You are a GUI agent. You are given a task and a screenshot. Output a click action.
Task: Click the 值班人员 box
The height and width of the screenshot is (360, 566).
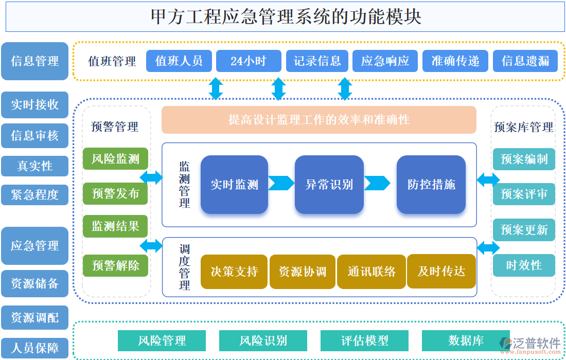click(x=179, y=61)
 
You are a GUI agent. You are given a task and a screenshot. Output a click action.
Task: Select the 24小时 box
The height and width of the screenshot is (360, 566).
click(x=249, y=61)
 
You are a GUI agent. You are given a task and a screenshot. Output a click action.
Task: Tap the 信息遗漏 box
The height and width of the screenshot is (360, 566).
click(x=525, y=61)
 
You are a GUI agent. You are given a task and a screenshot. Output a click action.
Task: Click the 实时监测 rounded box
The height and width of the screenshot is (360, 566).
click(x=234, y=185)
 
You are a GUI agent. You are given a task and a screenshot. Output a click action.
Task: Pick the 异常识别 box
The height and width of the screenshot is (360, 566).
click(x=329, y=185)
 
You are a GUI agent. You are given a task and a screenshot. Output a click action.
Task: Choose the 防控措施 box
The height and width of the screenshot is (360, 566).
click(x=431, y=185)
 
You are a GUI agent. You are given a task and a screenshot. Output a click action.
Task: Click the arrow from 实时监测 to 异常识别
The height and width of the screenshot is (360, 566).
click(x=281, y=183)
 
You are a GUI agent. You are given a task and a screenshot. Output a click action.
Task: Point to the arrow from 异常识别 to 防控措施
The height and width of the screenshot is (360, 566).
click(x=377, y=183)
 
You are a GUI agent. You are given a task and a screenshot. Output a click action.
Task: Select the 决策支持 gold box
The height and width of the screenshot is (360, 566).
click(x=234, y=272)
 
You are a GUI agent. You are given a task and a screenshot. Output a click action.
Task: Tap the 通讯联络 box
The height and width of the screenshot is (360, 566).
click(x=372, y=272)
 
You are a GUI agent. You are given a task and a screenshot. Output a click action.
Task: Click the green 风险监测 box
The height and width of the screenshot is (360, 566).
click(x=116, y=159)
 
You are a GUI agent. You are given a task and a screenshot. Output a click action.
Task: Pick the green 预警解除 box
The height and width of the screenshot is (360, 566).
click(x=116, y=265)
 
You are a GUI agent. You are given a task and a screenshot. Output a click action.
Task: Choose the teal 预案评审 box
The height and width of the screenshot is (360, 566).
click(x=524, y=194)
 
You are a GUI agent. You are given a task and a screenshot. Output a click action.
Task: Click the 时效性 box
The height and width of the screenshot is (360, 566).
click(x=524, y=265)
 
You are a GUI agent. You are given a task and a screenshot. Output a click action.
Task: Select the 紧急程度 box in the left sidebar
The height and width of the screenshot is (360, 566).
click(x=35, y=195)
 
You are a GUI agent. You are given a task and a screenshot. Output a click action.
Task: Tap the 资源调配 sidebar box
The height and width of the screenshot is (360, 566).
click(x=35, y=318)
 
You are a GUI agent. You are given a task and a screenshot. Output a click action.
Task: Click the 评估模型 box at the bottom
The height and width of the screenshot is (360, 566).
click(x=364, y=340)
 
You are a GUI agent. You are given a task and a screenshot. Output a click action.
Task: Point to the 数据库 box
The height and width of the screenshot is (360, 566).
click(x=466, y=340)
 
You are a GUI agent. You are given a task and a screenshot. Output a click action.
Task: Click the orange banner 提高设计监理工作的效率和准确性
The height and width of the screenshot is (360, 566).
click(x=319, y=120)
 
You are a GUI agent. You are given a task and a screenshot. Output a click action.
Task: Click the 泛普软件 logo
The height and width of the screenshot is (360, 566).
click(x=530, y=345)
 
